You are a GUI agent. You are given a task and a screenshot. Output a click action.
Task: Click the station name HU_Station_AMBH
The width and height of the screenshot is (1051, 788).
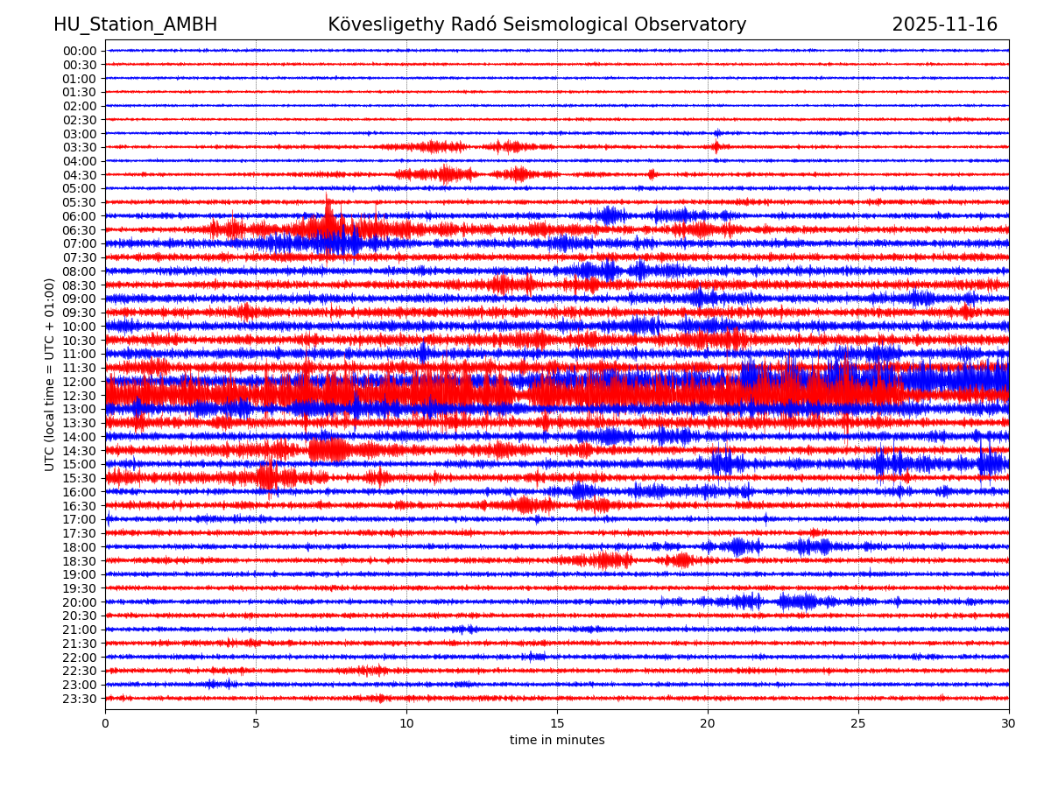tap(135, 25)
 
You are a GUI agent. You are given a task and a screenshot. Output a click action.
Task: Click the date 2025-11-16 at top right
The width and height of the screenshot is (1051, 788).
tap(944, 25)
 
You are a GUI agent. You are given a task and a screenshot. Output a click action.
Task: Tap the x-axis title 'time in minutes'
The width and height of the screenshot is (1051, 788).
tap(557, 741)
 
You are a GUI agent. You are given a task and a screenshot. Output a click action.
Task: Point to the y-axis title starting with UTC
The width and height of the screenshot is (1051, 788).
tap(50, 374)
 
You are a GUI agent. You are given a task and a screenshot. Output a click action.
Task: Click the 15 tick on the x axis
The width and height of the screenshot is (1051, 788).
tap(557, 724)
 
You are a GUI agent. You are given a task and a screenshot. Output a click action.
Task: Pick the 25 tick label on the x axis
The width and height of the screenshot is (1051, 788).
tap(858, 724)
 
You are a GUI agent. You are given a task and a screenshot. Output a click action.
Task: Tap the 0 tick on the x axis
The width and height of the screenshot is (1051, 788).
tap(105, 724)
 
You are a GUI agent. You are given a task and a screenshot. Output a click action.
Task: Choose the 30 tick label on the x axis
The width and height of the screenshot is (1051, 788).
tap(1009, 724)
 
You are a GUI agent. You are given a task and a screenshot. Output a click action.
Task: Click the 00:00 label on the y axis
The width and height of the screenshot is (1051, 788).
tap(80, 51)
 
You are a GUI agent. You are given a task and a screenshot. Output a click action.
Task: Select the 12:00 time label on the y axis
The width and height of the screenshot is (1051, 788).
tap(80, 382)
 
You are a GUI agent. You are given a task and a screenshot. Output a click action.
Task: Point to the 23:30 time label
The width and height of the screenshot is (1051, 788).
tap(80, 699)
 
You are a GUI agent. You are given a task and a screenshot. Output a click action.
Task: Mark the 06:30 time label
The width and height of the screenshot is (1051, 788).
tap(80, 230)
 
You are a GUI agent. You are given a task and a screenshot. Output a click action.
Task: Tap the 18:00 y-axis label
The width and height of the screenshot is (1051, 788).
tap(80, 547)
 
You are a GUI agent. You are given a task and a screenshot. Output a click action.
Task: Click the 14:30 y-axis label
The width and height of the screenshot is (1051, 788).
tap(80, 451)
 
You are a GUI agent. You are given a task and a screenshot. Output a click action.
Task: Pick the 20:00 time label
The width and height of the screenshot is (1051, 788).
tap(80, 602)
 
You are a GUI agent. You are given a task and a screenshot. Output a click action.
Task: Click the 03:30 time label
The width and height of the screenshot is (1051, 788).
tap(80, 147)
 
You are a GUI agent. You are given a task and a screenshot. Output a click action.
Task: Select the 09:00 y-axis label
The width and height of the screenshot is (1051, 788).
tap(80, 299)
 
